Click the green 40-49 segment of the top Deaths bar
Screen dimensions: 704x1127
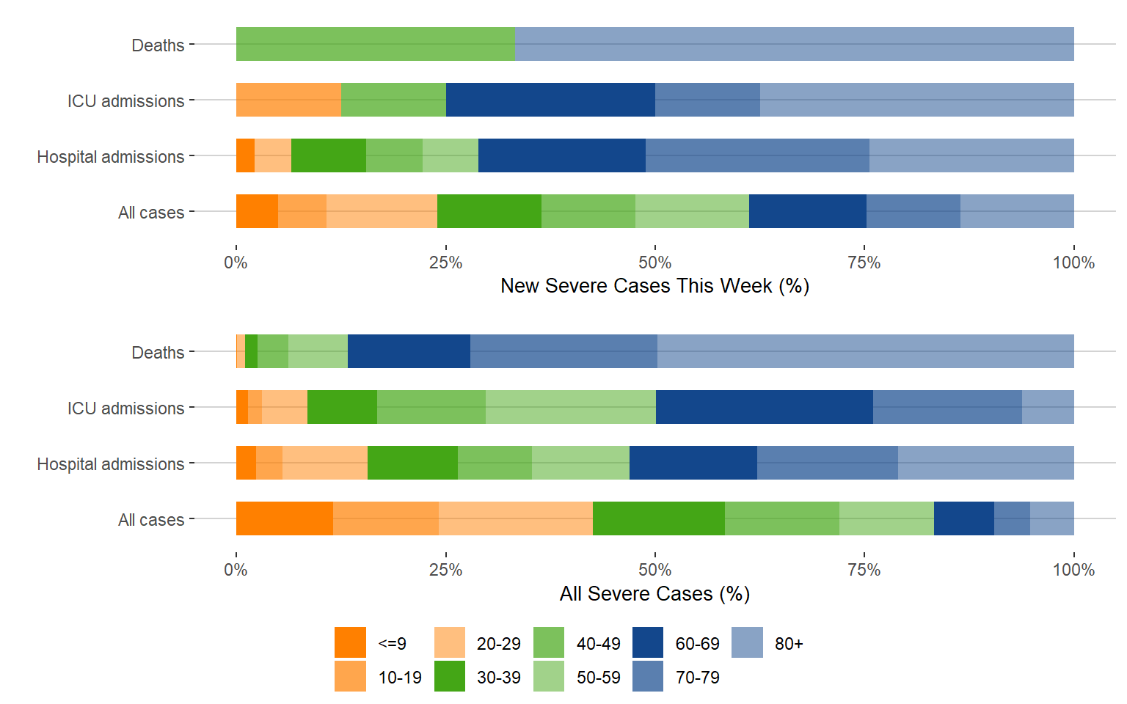(x=375, y=44)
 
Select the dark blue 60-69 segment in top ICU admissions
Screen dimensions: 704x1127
(x=550, y=100)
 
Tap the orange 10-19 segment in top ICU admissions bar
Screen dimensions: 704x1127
(x=288, y=100)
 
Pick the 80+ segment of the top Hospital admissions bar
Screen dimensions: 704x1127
(x=971, y=155)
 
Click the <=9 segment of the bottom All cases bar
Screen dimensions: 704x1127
(x=284, y=518)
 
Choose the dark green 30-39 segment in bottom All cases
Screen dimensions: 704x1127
(x=658, y=518)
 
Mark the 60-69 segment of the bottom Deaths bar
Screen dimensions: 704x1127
(x=409, y=351)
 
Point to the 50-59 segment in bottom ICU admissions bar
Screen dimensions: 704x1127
(x=570, y=407)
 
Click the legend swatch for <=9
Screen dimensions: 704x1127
(x=350, y=642)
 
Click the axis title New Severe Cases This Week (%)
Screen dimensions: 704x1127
(x=654, y=286)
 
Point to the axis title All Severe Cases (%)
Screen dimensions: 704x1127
(x=654, y=593)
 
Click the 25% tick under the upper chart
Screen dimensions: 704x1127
(x=445, y=263)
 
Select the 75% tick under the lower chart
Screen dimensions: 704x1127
(x=864, y=570)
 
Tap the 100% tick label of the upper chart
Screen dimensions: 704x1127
(x=1073, y=263)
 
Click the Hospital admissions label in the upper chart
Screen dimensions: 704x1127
(x=111, y=157)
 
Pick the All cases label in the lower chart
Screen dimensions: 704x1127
(x=151, y=520)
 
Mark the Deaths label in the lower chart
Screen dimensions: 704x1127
(x=158, y=353)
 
